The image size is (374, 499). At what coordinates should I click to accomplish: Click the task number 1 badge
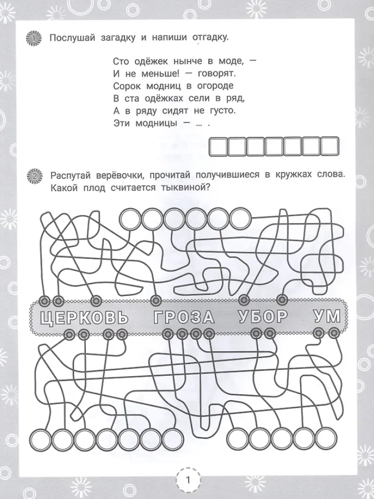[32, 38]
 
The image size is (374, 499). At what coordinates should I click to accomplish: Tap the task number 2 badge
[32, 176]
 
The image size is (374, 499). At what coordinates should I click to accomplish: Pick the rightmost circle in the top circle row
[239, 219]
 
